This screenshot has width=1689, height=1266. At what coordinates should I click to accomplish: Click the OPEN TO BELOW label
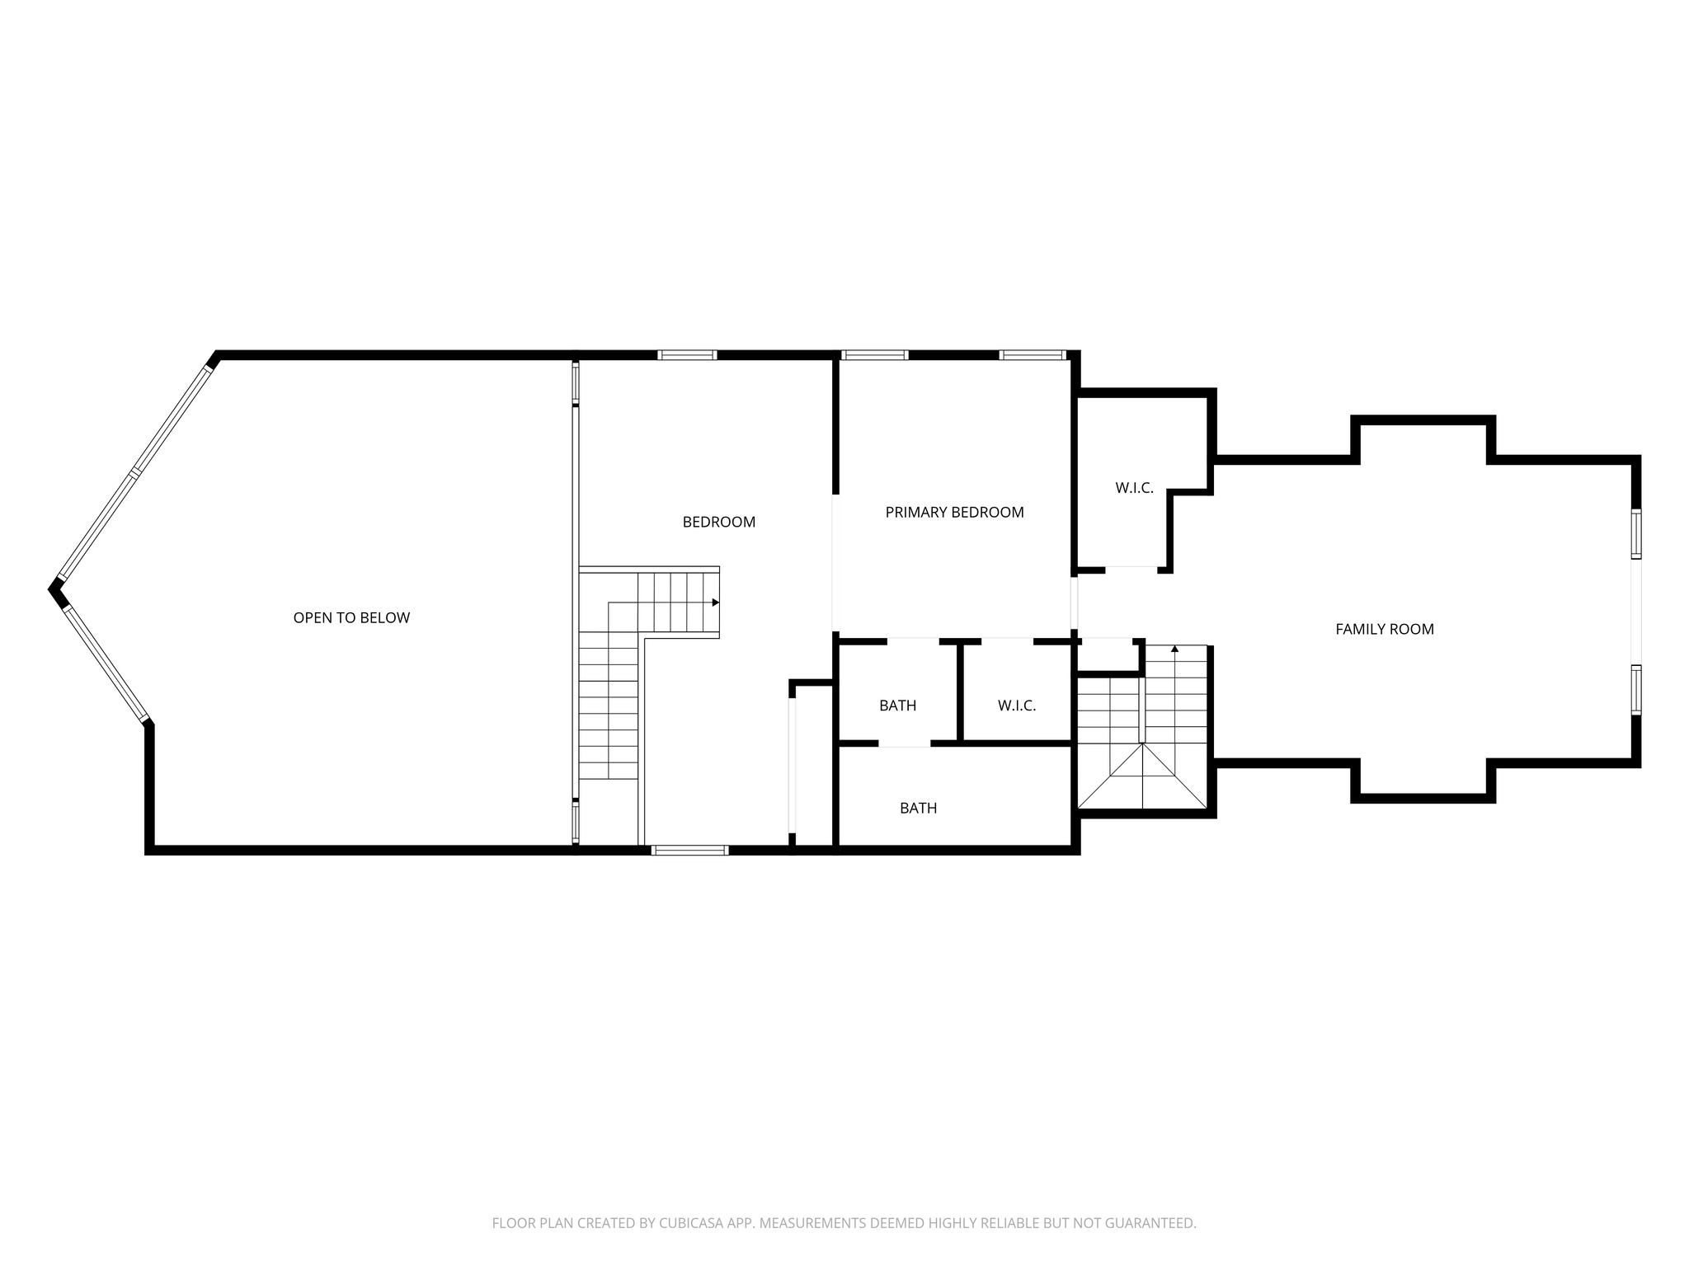pyautogui.click(x=351, y=618)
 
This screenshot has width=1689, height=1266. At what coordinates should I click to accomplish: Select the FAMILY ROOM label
pyautogui.click(x=1385, y=630)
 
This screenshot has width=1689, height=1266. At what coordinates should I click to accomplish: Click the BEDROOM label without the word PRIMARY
pyautogui.click(x=719, y=523)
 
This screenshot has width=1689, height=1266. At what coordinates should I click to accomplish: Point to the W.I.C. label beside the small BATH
pyautogui.click(x=1017, y=706)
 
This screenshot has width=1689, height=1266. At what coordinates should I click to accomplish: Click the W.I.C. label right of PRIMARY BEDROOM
pyautogui.click(x=1135, y=489)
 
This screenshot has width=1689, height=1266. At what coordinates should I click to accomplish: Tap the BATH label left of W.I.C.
pyautogui.click(x=898, y=706)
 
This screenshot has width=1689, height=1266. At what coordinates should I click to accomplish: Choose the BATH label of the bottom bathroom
pyautogui.click(x=919, y=809)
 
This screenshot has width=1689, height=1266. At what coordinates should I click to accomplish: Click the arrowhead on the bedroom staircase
pyautogui.click(x=716, y=603)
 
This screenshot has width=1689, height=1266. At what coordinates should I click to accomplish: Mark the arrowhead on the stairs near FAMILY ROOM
pyautogui.click(x=1174, y=649)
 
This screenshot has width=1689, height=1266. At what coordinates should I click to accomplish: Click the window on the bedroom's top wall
pyautogui.click(x=687, y=355)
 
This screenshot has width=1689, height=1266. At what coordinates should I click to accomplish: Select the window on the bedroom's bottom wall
pyautogui.click(x=689, y=850)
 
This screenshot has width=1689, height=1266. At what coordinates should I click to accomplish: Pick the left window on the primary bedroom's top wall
pyautogui.click(x=874, y=355)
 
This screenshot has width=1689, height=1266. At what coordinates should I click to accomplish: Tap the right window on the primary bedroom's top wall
pyautogui.click(x=1033, y=355)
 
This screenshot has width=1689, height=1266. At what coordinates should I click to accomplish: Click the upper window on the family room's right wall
pyautogui.click(x=1636, y=534)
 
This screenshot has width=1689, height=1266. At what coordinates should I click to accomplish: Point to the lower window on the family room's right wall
pyautogui.click(x=1636, y=689)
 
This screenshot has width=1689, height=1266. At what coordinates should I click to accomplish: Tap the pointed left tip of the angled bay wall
pyautogui.click(x=49, y=588)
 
